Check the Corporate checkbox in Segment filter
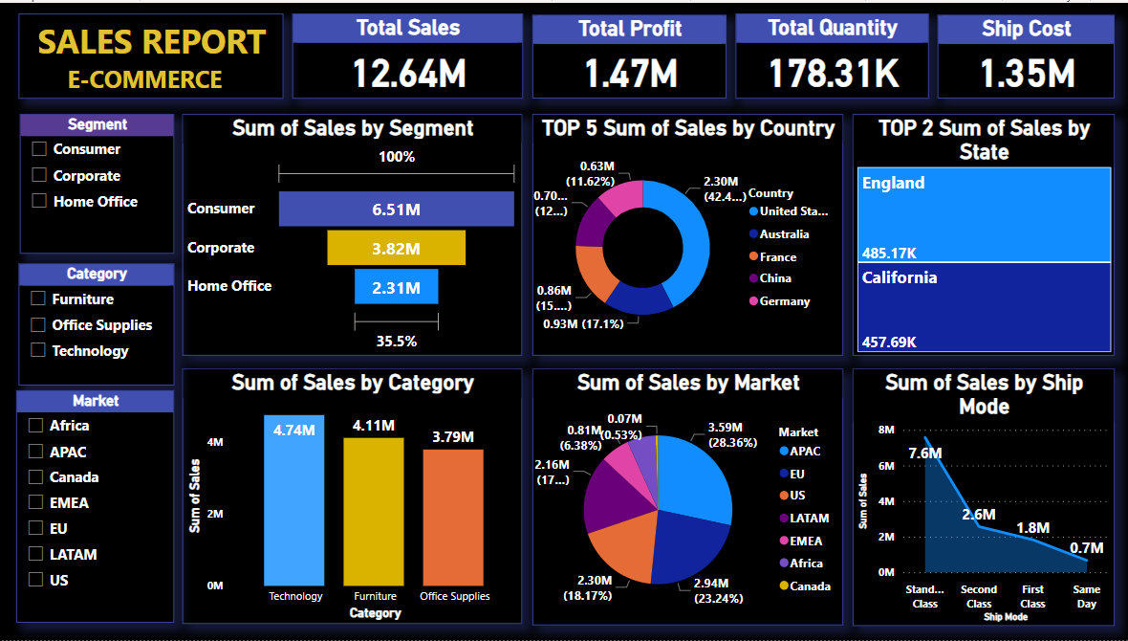(39, 175)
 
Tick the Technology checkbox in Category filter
(38, 350)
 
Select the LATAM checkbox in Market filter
(36, 554)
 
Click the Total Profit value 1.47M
(630, 74)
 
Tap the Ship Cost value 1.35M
(1027, 74)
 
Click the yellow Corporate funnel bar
(396, 248)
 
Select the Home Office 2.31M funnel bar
(396, 286)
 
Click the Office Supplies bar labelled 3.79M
(453, 517)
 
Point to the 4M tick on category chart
(215, 443)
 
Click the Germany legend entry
(784, 301)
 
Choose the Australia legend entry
(783, 234)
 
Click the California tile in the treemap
(984, 306)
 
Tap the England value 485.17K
(889, 254)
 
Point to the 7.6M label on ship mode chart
(924, 453)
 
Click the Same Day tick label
(1086, 596)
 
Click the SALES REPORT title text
(151, 43)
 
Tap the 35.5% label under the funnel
(396, 341)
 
